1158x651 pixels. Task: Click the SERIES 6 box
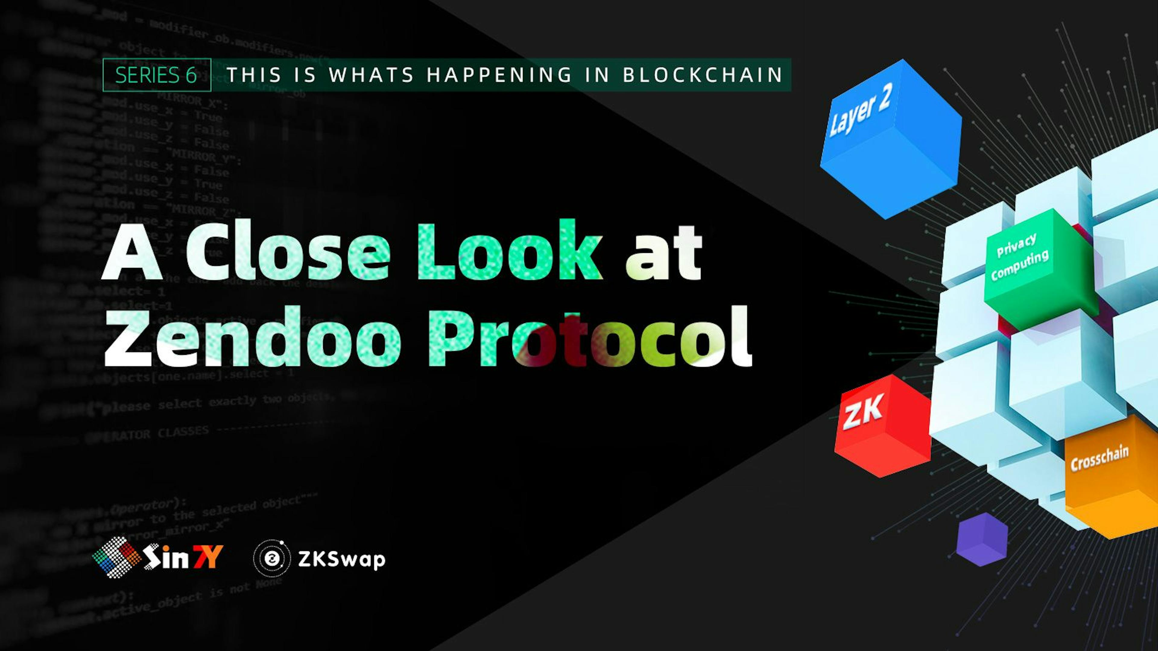tap(157, 75)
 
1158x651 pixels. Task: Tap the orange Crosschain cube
tap(1110, 476)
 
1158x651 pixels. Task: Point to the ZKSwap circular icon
tap(272, 558)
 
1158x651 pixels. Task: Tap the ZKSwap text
tap(342, 559)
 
